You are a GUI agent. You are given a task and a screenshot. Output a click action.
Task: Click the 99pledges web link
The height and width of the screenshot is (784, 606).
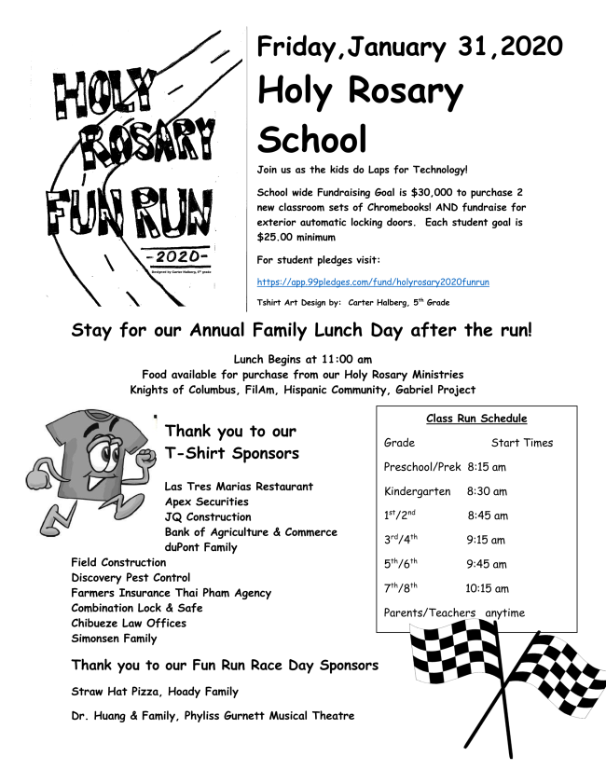click(x=373, y=282)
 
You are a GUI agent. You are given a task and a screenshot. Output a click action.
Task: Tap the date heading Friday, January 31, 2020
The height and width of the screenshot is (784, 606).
click(x=409, y=46)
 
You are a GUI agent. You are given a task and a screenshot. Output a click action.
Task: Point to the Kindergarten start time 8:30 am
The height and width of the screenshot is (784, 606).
click(x=487, y=491)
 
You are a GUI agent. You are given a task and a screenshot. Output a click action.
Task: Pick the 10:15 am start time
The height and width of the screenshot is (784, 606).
click(x=487, y=588)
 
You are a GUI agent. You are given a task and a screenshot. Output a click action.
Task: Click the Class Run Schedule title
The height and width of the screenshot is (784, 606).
click(x=476, y=419)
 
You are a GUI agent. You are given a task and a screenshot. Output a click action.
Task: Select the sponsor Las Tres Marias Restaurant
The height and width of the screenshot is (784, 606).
click(x=239, y=487)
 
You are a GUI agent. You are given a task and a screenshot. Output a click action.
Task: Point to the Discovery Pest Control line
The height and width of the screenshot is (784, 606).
click(x=131, y=578)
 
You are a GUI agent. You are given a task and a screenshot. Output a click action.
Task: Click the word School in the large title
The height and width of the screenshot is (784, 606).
click(x=311, y=139)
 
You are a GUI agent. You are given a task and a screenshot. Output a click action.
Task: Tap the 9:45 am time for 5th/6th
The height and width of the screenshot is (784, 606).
click(x=486, y=564)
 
